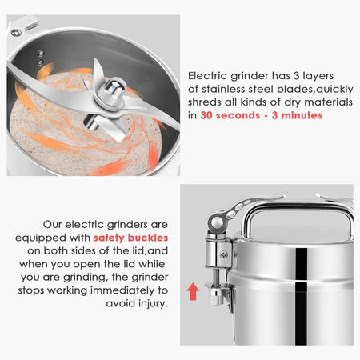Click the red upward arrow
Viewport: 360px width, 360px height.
[x=193, y=291]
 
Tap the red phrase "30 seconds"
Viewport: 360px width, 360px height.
[x=230, y=115]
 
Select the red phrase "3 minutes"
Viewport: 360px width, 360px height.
[x=297, y=115]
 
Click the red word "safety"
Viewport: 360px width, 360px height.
[x=109, y=238]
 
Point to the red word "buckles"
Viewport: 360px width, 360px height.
[x=148, y=238]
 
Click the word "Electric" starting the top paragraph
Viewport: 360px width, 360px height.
[x=207, y=76]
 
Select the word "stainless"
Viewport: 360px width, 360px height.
[x=223, y=89]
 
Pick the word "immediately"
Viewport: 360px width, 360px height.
[x=122, y=290]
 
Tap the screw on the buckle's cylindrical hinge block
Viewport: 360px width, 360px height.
[x=223, y=255]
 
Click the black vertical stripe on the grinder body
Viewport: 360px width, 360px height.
[x=301, y=296]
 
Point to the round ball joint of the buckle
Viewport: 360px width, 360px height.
[x=217, y=222]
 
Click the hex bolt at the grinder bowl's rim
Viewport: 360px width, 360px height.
[x=16, y=33]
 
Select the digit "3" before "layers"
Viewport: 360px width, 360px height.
[x=297, y=76]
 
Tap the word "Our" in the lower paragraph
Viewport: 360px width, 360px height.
[x=52, y=225]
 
